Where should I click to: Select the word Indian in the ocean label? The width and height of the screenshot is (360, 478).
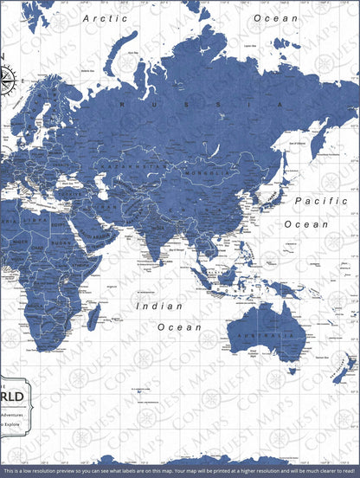159,306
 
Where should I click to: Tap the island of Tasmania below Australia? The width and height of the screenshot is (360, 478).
282,378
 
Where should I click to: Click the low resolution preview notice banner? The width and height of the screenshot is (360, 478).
180,471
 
